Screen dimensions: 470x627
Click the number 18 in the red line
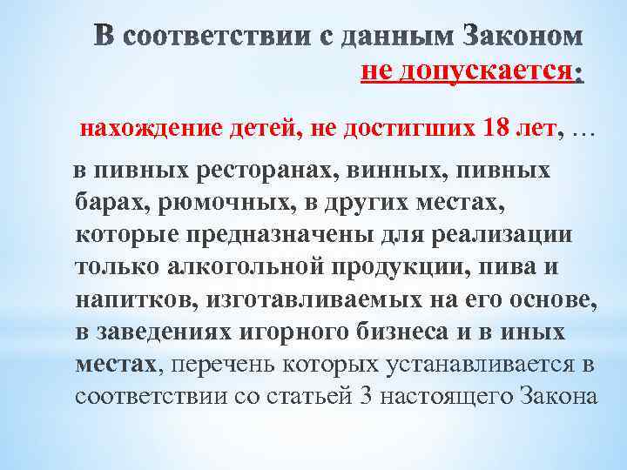[496, 130]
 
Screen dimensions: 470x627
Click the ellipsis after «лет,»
[583, 131]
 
